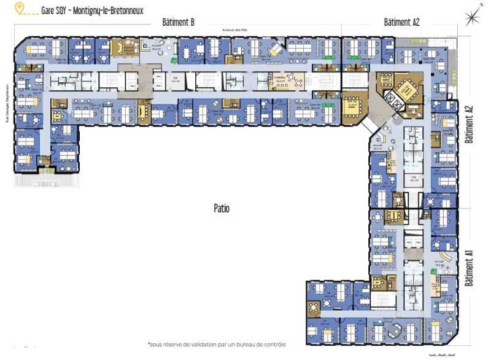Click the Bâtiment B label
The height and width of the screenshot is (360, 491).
coord(178,22)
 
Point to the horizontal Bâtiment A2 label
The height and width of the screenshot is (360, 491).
coord(401,22)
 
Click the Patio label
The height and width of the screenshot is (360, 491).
coord(222,208)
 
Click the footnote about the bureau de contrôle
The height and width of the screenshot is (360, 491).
coord(217,345)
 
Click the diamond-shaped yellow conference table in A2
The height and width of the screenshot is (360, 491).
coord(408,90)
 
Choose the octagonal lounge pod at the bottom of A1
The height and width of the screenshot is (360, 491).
coord(393,331)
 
